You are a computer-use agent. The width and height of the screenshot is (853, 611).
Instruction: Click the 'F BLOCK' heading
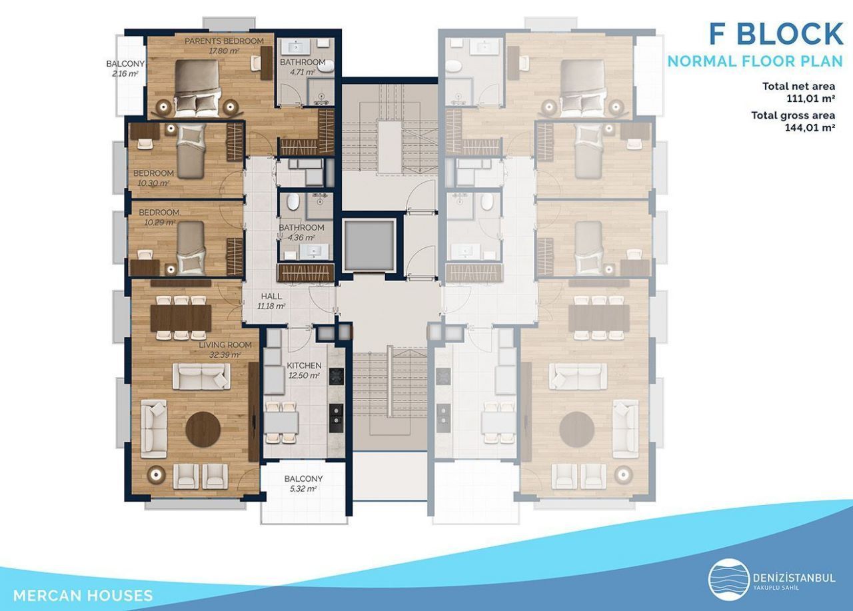coord(776,34)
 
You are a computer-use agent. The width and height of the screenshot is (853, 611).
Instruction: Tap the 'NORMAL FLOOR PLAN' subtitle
coord(755,61)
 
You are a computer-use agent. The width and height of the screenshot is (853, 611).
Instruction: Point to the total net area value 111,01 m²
coord(811,99)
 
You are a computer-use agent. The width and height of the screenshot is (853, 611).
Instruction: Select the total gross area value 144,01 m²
coord(810,127)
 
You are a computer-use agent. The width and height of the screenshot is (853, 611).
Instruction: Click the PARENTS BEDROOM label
coord(224,41)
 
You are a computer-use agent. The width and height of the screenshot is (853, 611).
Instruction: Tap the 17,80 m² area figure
coord(224,51)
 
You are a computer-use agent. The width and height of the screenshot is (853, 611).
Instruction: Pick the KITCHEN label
coord(304,365)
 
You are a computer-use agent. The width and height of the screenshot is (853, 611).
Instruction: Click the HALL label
coord(271,297)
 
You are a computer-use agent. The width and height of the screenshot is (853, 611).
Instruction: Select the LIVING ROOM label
coord(225,345)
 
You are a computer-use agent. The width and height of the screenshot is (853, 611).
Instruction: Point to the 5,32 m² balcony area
coord(303,489)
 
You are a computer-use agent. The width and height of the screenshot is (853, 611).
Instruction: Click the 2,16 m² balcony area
coord(125,73)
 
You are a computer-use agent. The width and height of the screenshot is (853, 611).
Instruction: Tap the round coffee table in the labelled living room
coord(203,429)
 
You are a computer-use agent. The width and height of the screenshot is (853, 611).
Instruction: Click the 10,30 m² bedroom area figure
coord(153,183)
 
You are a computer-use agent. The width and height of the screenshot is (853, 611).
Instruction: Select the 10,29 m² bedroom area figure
coord(159,223)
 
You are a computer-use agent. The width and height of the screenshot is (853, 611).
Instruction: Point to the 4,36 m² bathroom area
coord(301,238)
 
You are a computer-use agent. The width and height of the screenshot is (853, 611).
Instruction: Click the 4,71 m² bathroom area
coord(303,72)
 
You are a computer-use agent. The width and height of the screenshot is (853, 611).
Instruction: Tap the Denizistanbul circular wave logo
coord(729,580)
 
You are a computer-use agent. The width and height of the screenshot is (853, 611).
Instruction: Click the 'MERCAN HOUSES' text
coord(83,596)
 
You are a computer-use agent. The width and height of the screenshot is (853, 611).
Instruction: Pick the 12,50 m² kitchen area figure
coord(304,376)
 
